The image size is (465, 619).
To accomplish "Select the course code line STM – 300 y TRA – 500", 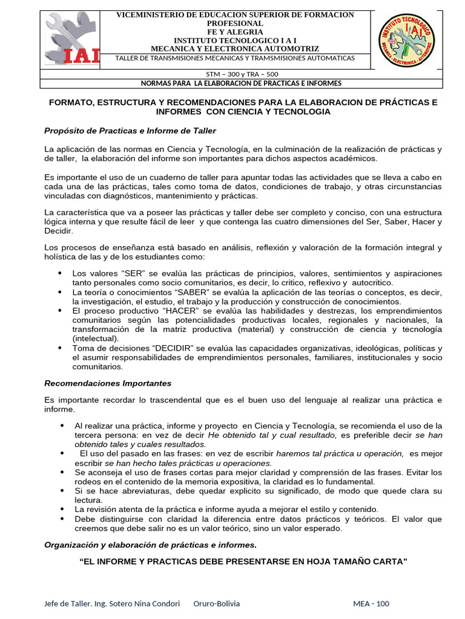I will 236,74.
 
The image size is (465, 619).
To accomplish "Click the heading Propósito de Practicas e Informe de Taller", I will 130,131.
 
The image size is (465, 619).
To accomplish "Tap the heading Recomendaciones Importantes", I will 108,383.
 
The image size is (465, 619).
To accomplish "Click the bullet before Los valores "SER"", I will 59,273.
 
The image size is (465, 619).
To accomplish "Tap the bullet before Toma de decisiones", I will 59,348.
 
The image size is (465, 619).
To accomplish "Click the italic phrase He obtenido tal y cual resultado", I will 272,435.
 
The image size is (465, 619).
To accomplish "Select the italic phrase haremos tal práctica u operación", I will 340,453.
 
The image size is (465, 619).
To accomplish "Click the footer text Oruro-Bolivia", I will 216,604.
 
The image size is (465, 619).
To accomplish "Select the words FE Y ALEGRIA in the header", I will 235,31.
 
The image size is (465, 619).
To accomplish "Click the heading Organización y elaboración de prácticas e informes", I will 150,545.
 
